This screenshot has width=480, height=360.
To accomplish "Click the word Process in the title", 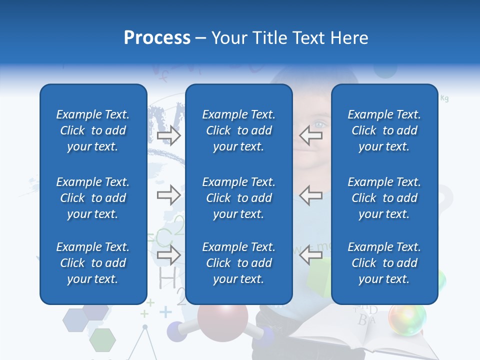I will [157, 38].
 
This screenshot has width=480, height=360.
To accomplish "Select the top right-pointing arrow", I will [169, 135].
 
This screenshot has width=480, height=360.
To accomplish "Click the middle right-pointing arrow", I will [169, 195].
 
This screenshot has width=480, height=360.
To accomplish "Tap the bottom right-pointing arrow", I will [169, 255].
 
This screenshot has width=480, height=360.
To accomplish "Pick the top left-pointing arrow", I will [310, 135].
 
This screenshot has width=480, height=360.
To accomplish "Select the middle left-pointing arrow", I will [310, 195].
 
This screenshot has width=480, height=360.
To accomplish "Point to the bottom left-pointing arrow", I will [310, 255].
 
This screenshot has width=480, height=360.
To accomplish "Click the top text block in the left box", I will [93, 130].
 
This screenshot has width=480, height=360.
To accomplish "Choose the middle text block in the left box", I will [93, 198].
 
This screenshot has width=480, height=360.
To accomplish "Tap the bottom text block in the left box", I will [93, 263].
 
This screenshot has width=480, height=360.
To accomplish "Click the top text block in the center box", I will [238, 130].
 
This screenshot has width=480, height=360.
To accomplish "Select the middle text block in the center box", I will [238, 198].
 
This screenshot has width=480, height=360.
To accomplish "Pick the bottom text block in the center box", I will [238, 263].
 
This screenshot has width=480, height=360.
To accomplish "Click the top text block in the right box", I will [384, 130].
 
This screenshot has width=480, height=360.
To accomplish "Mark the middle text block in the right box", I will [384, 198].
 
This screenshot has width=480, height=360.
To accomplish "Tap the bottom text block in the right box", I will [384, 263].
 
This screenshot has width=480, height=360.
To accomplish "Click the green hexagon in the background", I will [102, 340].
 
